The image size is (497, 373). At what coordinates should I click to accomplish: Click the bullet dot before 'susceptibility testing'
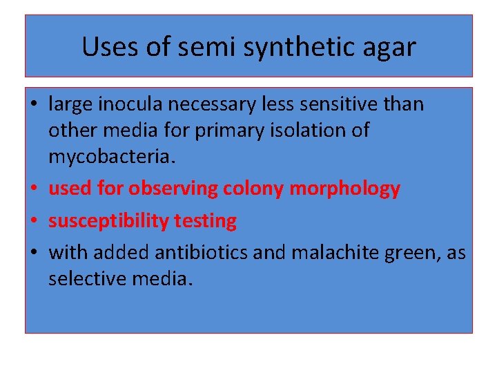(x=34, y=222)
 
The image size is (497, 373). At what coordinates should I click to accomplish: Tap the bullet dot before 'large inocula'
(x=34, y=105)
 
